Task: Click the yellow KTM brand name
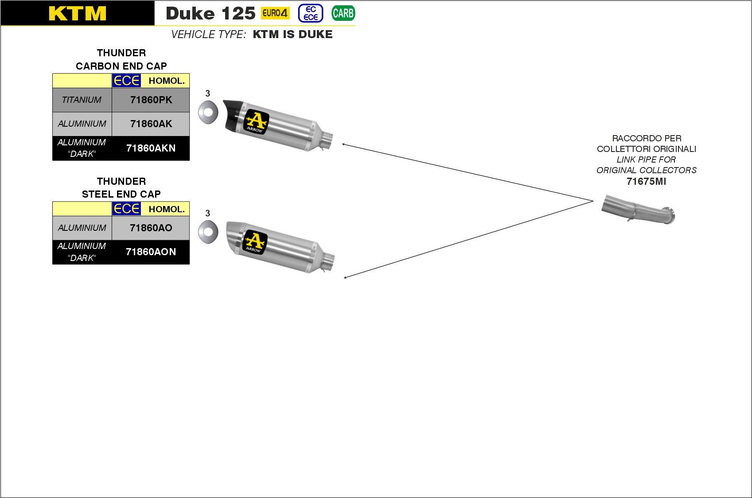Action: pos(78,13)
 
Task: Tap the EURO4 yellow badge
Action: pos(275,13)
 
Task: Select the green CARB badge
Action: pos(343,13)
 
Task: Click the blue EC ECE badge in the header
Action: pos(311,13)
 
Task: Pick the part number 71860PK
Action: pos(151,100)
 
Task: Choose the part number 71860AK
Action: pos(151,124)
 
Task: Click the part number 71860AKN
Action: pos(151,148)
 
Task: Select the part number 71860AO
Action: pos(151,228)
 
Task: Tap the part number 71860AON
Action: pos(151,252)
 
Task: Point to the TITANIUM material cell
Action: pos(82,100)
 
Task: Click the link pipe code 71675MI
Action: pos(646,181)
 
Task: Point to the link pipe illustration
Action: pos(638,209)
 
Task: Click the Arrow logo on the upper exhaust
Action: pos(257,121)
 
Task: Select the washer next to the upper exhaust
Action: pos(208,113)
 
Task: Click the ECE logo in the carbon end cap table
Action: pos(126,81)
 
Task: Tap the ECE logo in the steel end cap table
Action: pos(126,209)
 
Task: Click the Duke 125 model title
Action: pos(210,13)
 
